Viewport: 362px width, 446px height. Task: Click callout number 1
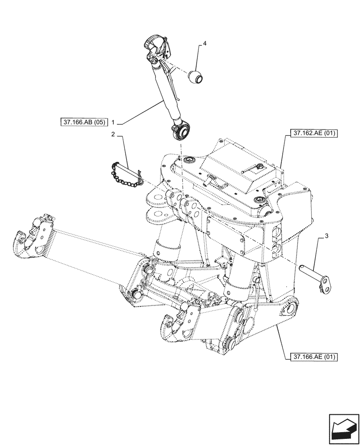pyautogui.click(x=114, y=121)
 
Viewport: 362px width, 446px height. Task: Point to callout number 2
pyautogui.click(x=113, y=134)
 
